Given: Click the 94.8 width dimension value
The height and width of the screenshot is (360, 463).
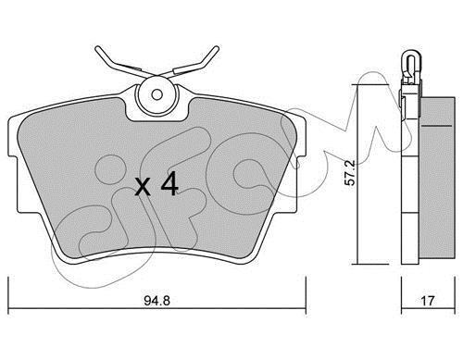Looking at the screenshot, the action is (x=156, y=300).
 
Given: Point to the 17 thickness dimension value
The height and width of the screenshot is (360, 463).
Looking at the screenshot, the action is (x=428, y=301).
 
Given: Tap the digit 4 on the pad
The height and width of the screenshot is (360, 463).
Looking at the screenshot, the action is (x=169, y=183).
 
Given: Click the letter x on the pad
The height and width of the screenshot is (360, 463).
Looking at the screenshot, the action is (x=143, y=187).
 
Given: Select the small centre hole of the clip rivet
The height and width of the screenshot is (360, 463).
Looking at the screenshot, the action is (x=156, y=94).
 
